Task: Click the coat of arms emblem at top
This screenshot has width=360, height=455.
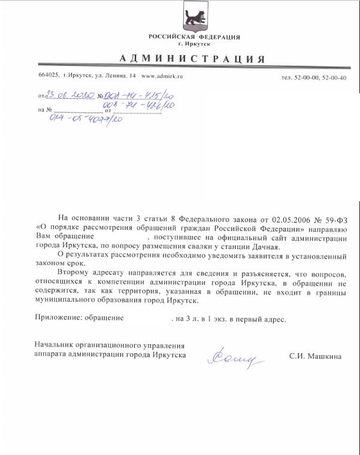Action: pyautogui.click(x=195, y=17)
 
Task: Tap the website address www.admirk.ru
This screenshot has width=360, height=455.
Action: pyautogui.click(x=162, y=77)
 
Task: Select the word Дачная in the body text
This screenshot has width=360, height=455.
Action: pyautogui.click(x=267, y=247)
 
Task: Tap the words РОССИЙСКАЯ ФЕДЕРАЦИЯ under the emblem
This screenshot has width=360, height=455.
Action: pyautogui.click(x=194, y=37)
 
